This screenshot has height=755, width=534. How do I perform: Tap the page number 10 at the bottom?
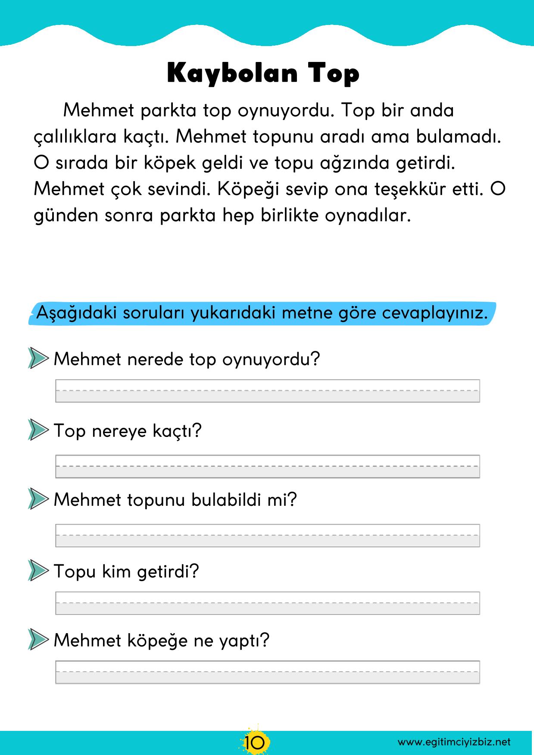255,742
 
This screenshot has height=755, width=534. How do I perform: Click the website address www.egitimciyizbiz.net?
454,742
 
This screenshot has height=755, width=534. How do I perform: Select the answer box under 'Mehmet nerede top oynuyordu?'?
267,391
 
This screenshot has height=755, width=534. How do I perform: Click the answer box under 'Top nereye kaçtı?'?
267,466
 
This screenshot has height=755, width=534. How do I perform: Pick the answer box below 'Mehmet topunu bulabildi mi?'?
267,535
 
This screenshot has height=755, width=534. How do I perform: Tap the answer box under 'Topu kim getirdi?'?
267,603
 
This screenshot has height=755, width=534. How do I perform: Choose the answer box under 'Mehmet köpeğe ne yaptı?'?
267,672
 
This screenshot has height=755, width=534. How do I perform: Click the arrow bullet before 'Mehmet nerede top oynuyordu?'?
37,358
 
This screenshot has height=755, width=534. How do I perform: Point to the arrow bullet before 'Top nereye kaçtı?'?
37,430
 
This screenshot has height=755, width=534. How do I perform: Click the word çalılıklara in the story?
75,137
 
